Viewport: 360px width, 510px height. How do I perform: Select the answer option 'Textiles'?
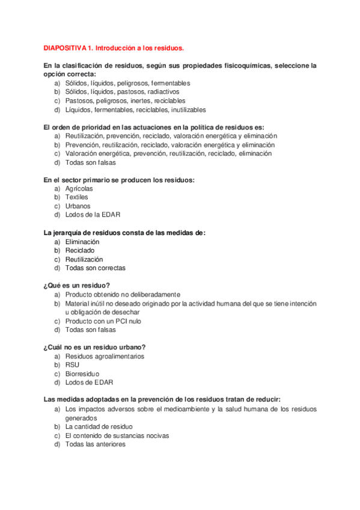click(76, 197)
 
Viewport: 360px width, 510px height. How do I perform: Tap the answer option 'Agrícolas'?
click(79, 188)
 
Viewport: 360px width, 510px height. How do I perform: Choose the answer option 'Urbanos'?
click(78, 206)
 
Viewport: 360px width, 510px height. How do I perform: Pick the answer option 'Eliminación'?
click(82, 241)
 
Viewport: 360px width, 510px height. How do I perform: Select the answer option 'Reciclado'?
click(80, 250)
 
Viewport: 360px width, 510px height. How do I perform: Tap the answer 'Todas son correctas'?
click(96, 268)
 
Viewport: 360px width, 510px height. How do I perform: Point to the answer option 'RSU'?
click(72, 364)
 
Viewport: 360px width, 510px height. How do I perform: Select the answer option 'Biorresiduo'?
click(82, 373)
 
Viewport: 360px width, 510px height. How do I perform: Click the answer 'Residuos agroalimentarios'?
click(105, 356)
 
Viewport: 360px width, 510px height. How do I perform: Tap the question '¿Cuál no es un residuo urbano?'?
click(94, 347)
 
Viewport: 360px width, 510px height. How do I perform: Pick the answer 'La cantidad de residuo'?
click(99, 426)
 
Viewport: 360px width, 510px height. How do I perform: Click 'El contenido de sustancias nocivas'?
click(117, 435)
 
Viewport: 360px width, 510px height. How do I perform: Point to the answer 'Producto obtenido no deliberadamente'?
click(123, 294)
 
